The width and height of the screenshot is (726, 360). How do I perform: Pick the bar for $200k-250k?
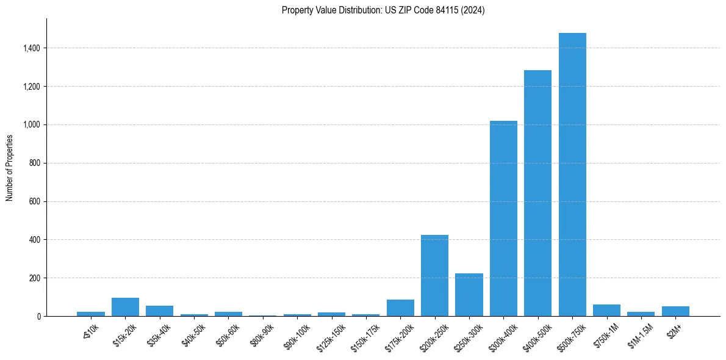point(434,275)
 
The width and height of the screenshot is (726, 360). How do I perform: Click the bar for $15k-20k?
point(125,307)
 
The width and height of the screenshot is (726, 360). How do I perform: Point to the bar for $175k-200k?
point(400,308)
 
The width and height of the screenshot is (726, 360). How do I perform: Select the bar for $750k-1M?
point(606,311)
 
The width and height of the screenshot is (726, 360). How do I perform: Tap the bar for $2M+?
point(675,311)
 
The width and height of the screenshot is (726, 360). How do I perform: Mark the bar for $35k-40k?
point(159,311)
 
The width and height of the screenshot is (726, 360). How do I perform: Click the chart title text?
point(383,10)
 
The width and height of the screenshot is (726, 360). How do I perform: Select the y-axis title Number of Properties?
point(10,168)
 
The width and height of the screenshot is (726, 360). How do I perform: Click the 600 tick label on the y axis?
point(35,201)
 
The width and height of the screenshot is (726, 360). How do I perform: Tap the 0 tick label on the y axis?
point(38,316)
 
